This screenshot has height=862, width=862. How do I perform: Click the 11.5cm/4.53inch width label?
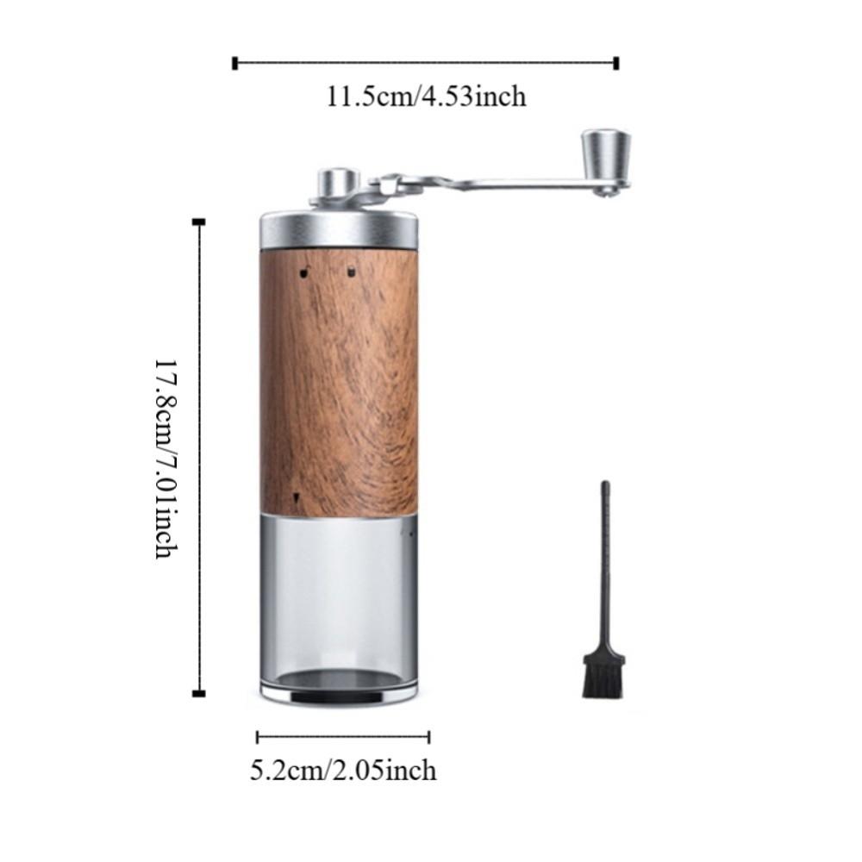click(x=426, y=97)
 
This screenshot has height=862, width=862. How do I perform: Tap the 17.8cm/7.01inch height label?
click(x=166, y=459)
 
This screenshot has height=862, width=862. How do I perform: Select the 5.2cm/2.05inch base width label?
click(x=343, y=770)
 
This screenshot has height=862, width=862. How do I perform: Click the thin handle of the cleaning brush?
click(x=605, y=567)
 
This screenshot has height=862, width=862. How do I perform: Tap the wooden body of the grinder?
click(x=339, y=382)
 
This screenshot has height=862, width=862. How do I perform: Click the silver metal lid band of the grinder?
click(x=339, y=230)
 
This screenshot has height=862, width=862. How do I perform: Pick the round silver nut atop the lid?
click(x=338, y=181)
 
